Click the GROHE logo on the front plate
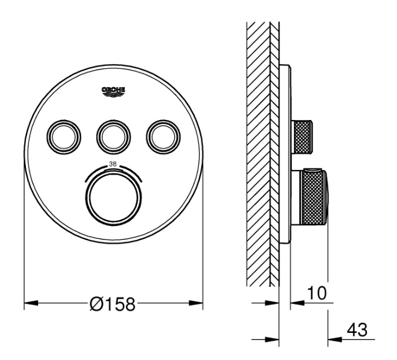pyautogui.click(x=114, y=92)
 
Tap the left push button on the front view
pyautogui.click(x=64, y=136)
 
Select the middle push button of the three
pyautogui.click(x=114, y=136)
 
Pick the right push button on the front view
pyautogui.click(x=164, y=136)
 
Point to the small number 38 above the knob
pyautogui.click(x=113, y=164)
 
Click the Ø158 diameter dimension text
pyautogui.click(x=113, y=304)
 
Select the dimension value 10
pyautogui.click(x=317, y=293)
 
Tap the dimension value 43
pyautogui.click(x=357, y=330)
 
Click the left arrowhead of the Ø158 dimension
pyautogui.click(x=31, y=303)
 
